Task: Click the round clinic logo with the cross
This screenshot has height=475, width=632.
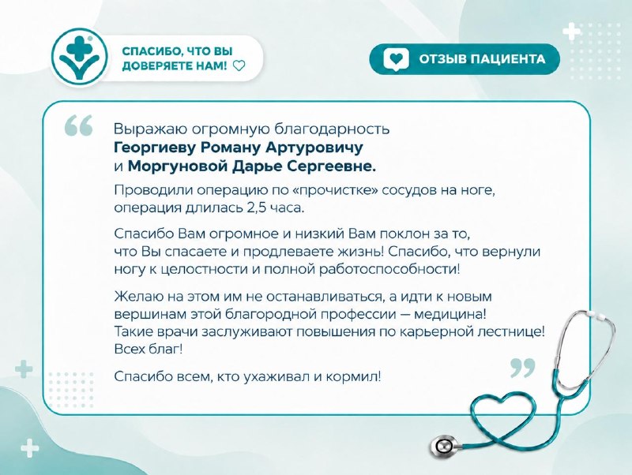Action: pyautogui.click(x=80, y=56)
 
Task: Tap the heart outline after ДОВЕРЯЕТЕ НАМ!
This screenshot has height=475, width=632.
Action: pyautogui.click(x=239, y=65)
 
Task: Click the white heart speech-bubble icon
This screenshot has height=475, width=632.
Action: pyautogui.click(x=396, y=59)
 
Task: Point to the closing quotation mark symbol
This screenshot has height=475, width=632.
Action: pyautogui.click(x=523, y=368)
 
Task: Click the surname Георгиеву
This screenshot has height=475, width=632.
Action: pyautogui.click(x=154, y=148)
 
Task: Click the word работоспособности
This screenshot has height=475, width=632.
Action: pyautogui.click(x=389, y=269)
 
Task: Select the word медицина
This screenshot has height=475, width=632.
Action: pyautogui.click(x=450, y=314)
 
